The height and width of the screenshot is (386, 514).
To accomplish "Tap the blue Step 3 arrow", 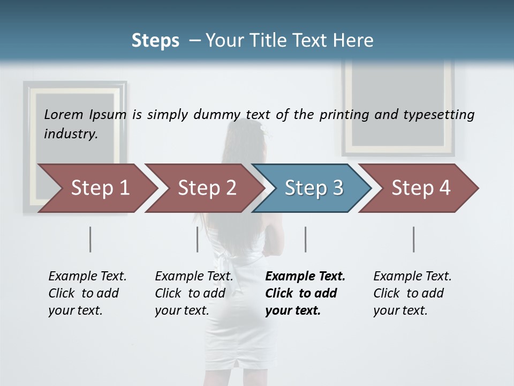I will point(314,188).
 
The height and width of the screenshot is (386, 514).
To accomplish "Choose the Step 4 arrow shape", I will point(421,188).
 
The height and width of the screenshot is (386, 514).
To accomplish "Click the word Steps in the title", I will point(155,41).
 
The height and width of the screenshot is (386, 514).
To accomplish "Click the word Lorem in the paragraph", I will point(64,114).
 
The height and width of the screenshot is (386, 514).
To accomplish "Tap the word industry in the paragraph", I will point(71,133).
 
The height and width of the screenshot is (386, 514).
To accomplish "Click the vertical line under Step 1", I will point(90,239).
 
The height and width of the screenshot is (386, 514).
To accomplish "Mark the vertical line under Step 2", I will point(198,239).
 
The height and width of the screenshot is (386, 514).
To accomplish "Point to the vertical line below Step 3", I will point(306,239).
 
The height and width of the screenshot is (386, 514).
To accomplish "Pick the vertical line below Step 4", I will point(414,239).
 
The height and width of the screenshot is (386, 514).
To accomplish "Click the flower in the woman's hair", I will point(263,129).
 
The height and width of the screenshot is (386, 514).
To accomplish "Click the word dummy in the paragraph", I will point(216,115).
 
